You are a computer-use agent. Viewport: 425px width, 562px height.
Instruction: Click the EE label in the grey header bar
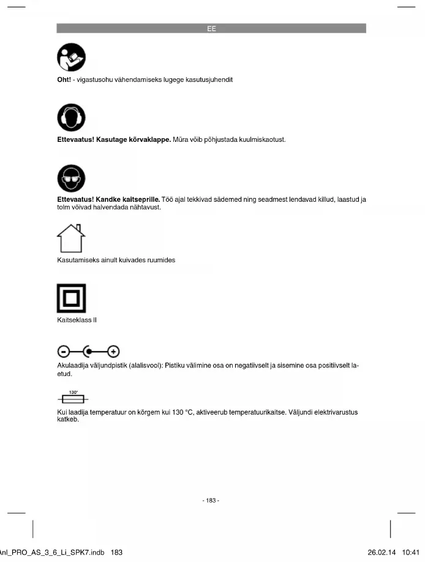(211, 29)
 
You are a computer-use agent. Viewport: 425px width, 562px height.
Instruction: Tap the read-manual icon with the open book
(71, 57)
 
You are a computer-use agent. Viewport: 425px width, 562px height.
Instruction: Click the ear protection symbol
(71, 118)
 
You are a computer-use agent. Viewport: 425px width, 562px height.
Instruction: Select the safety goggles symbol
(71, 178)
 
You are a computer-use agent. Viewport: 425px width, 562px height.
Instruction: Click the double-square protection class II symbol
(71, 299)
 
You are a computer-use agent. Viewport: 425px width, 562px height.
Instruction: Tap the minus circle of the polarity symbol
(64, 351)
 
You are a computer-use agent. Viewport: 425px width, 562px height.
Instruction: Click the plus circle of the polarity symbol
(114, 351)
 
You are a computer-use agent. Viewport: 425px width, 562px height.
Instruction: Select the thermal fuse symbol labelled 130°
(73, 398)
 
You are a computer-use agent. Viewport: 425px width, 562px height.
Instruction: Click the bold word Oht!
(64, 79)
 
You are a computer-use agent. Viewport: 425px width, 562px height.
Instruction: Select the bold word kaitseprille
(140, 199)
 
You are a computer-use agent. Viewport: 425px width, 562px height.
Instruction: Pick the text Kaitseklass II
(77, 320)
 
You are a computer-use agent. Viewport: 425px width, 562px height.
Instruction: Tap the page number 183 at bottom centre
(211, 500)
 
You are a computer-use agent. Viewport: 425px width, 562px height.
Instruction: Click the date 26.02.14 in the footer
(382, 552)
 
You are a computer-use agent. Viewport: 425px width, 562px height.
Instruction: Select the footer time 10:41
(413, 552)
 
